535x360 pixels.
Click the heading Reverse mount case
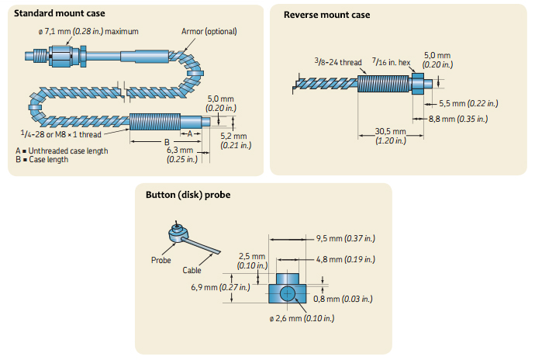point(327,15)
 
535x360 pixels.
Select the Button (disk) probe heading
point(187,194)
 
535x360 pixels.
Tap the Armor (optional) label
point(209,32)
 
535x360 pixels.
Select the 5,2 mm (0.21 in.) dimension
point(233,140)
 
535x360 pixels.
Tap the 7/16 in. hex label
point(390,62)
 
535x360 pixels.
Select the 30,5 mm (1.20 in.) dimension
point(390,136)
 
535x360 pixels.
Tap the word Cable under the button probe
point(192,270)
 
